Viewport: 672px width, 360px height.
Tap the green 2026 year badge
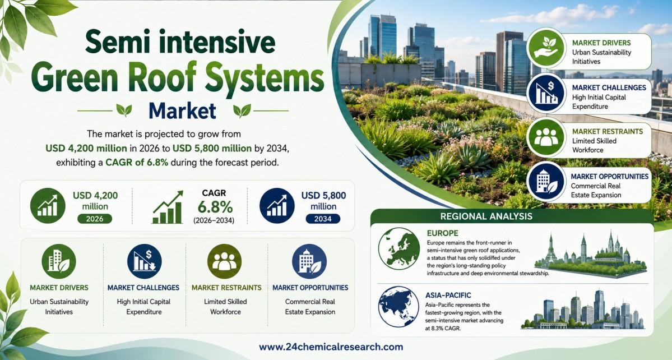[x=95, y=219]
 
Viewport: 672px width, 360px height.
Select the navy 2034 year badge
[x=323, y=219]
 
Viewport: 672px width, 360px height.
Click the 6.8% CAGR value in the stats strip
[x=215, y=207]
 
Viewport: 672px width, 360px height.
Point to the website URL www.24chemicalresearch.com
[x=331, y=347]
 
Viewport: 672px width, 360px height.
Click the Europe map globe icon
[x=399, y=248]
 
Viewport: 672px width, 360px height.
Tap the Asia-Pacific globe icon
[x=398, y=307]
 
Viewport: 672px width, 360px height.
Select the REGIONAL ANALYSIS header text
[x=486, y=216]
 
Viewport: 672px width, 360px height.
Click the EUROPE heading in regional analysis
[x=443, y=233]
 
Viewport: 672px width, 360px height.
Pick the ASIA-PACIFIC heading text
[x=448, y=296]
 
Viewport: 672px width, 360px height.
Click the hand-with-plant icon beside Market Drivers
[x=546, y=48]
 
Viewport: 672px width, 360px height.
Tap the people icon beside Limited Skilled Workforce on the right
[x=546, y=137]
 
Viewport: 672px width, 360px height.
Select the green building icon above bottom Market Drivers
[x=59, y=261]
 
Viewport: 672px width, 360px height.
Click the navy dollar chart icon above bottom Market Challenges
[x=145, y=261]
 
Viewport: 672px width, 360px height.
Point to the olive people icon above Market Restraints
[x=224, y=261]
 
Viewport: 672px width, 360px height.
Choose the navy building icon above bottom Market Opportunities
[x=309, y=261]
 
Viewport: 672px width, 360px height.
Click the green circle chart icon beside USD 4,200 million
[x=48, y=206]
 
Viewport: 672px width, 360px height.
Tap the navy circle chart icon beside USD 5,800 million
[x=277, y=206]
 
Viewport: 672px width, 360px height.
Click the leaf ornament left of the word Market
[x=124, y=110]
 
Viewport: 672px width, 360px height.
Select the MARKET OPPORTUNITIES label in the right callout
[x=609, y=176]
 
